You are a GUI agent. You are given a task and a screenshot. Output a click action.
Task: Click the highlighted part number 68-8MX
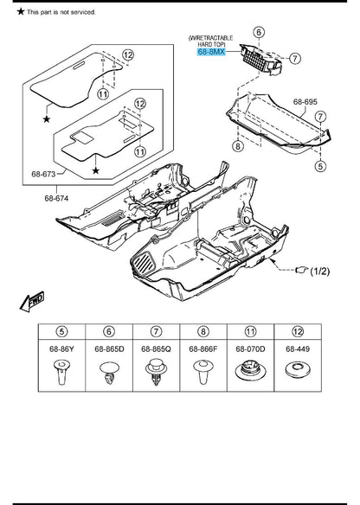(211, 52)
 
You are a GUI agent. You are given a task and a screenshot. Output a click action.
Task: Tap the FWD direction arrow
(32, 302)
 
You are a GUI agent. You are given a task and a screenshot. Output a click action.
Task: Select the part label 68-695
(305, 102)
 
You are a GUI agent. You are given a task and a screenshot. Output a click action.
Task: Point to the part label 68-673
(43, 174)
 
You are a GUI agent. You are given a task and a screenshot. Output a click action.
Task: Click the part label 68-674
(56, 198)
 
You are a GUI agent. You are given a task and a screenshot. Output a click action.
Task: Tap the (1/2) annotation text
(319, 272)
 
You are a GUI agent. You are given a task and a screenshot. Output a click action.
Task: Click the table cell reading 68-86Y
(61, 348)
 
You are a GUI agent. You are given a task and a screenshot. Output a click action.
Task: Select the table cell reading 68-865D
(109, 348)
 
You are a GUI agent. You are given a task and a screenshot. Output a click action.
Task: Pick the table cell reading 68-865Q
(157, 348)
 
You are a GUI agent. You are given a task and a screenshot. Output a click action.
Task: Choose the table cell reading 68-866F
(203, 348)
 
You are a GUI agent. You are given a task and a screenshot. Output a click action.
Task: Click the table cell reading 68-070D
(250, 348)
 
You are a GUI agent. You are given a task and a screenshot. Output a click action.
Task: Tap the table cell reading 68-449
(298, 348)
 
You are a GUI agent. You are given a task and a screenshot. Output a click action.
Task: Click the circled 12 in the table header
(298, 331)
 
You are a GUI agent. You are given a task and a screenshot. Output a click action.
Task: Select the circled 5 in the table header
(61, 331)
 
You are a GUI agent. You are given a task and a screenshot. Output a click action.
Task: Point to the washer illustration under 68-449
(298, 370)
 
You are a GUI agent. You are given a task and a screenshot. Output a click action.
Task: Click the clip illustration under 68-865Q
(156, 373)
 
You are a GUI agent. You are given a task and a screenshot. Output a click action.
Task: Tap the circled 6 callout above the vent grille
(259, 32)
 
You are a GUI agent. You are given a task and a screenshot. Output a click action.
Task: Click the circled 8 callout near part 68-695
(238, 146)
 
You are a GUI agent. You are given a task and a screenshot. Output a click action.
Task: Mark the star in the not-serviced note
(21, 11)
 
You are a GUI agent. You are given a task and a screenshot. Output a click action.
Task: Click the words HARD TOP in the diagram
(211, 44)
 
